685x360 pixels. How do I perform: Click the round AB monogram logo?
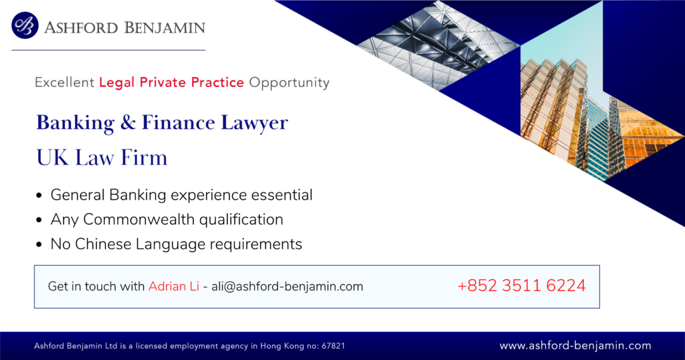[25, 25]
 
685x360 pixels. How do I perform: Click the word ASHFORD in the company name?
[81, 28]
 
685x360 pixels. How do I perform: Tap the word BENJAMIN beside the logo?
[165, 28]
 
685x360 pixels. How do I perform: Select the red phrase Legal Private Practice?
[171, 82]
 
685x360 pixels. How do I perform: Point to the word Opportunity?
[289, 82]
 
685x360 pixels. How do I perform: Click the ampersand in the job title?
[128, 122]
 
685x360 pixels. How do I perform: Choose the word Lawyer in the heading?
[254, 123]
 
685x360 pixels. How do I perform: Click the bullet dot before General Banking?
[39, 195]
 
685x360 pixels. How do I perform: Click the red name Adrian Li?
[173, 286]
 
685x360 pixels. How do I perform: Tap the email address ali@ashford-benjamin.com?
[287, 286]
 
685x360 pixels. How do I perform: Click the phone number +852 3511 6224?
[522, 286]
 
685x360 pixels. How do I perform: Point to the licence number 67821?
[333, 346]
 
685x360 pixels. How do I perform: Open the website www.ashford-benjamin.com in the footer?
[575, 345]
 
